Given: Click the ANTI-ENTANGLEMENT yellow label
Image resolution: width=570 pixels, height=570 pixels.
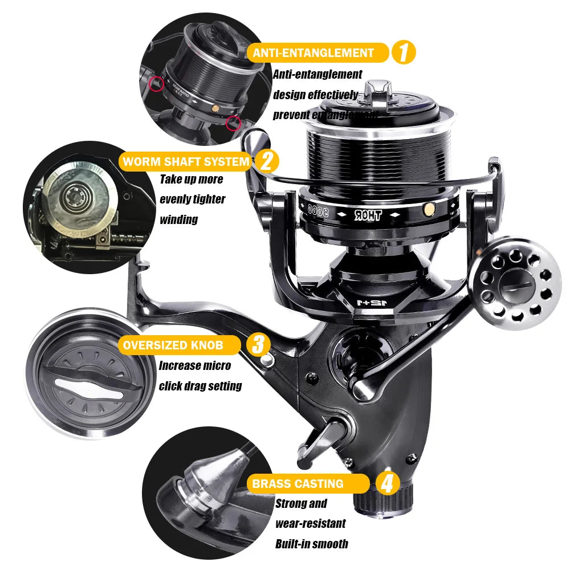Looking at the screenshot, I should point(313,53).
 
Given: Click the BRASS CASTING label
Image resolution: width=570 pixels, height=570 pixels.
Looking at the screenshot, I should point(298,484).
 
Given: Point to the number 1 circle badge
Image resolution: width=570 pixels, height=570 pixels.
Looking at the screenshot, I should point(404,53).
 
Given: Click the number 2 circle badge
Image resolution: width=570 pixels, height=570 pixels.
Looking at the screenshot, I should point(266,161).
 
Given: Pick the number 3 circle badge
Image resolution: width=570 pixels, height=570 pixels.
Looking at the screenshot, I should point(258,344).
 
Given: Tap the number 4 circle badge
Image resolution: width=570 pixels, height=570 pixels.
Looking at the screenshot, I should point(387,484).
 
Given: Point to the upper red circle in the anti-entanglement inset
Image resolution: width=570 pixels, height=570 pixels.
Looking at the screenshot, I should point(153,84).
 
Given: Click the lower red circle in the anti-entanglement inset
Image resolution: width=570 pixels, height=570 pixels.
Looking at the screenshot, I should point(232,123).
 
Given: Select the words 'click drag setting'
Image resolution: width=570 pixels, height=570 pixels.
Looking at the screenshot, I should point(200,386).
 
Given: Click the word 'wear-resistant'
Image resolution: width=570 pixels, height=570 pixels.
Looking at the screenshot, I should point(310,523).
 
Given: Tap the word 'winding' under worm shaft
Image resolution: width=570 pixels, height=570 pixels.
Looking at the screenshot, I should point(178,219).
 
